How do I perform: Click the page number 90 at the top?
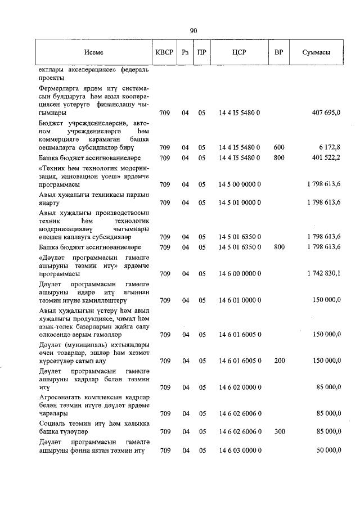click(193, 31)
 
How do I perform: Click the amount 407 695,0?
click(326, 113)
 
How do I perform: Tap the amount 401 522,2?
click(326, 157)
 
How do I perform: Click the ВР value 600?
click(279, 147)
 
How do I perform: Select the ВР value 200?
click(279, 360)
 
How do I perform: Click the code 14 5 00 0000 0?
click(239, 184)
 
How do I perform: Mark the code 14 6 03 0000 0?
click(239, 451)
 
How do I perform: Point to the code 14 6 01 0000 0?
click(239, 300)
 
